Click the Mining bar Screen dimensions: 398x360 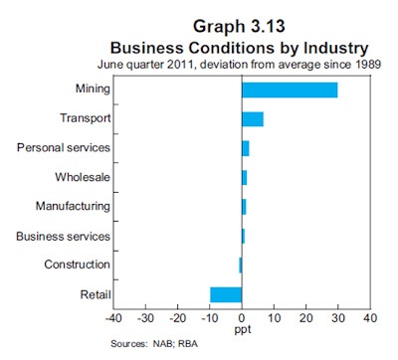pyautogui.click(x=290, y=90)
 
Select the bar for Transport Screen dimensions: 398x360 pyautogui.click(x=253, y=119)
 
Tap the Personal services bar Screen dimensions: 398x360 pyautogui.click(x=246, y=148)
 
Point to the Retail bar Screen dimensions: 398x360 pyautogui.click(x=226, y=294)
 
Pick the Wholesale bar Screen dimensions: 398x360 pyautogui.click(x=245, y=177)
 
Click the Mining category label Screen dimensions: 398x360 pyautogui.click(x=93, y=90)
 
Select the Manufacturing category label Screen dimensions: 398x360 pyautogui.click(x=73, y=206)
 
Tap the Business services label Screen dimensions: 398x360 pyautogui.click(x=63, y=237)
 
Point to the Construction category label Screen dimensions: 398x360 pyautogui.click(x=77, y=265)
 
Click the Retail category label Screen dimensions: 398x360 pyautogui.click(x=96, y=294)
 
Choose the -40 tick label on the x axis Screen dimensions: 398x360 pyautogui.click(x=113, y=318)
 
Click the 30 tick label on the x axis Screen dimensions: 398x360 pyautogui.click(x=338, y=318)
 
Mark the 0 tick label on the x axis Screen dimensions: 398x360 pyautogui.click(x=242, y=318)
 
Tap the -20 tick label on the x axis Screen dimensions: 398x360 pyautogui.click(x=178, y=318)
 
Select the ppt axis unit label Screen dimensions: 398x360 pyautogui.click(x=243, y=330)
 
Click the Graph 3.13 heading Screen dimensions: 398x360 pyautogui.click(x=239, y=26)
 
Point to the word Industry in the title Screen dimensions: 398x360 pyautogui.click(x=335, y=49)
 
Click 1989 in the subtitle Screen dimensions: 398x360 pyautogui.click(x=368, y=64)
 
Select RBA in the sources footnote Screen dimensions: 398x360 pyautogui.click(x=188, y=344)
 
